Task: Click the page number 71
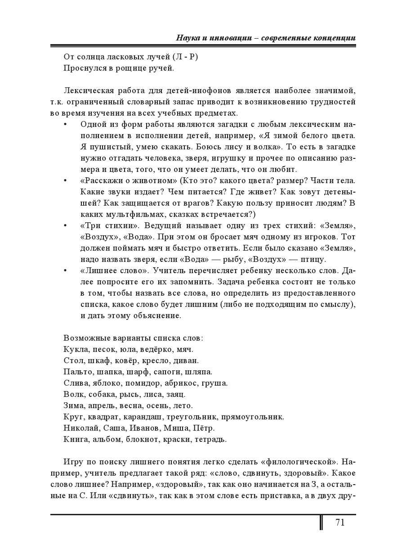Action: point(339,522)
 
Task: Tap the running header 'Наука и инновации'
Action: point(213,38)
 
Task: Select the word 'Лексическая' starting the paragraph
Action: point(88,90)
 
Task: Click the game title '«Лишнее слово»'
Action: point(114,270)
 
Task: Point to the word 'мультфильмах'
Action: point(126,214)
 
